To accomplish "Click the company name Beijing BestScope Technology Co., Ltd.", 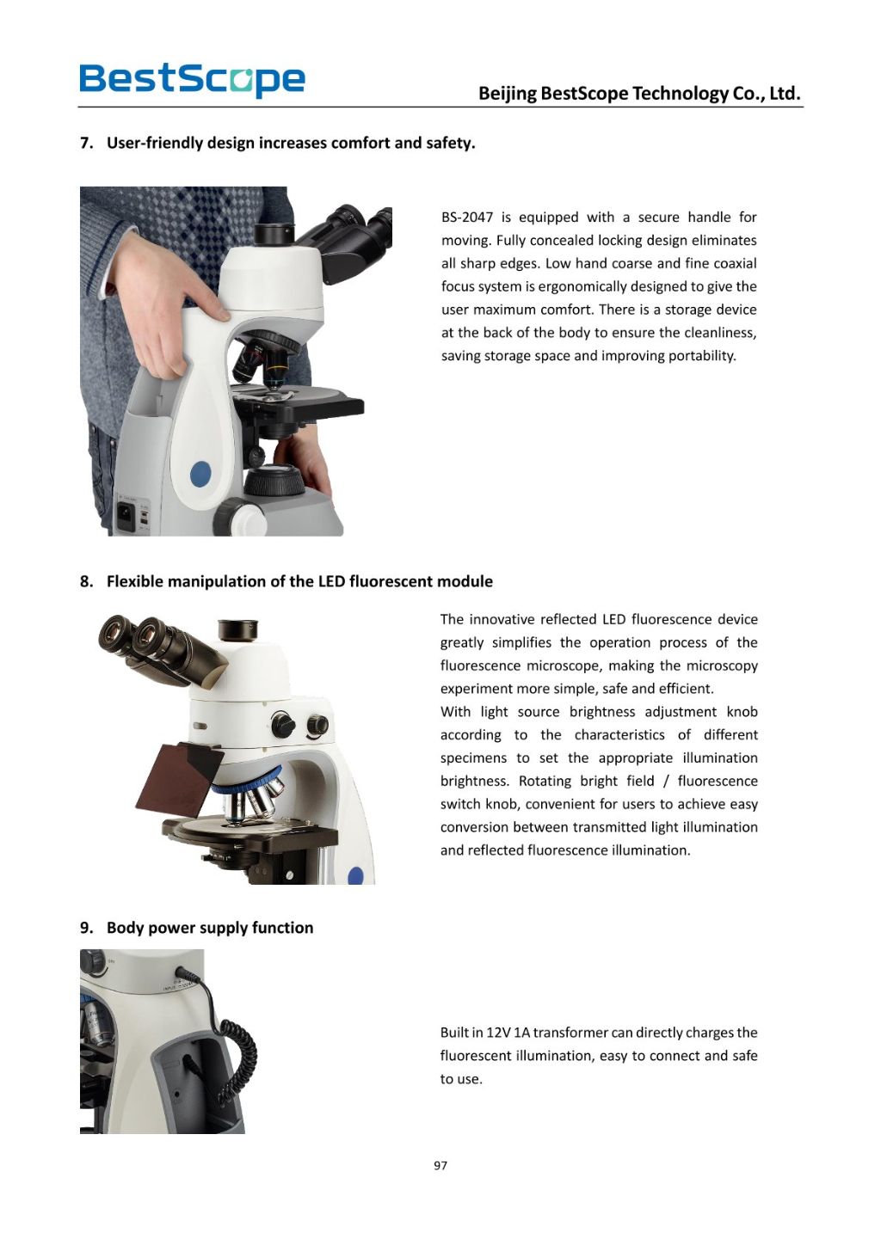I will [639, 93].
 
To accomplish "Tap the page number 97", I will [440, 1165].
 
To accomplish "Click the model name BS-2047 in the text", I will [466, 218].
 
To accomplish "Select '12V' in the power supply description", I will [498, 1033].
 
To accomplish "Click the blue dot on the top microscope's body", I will [200, 473].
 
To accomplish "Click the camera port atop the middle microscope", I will [237, 629].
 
